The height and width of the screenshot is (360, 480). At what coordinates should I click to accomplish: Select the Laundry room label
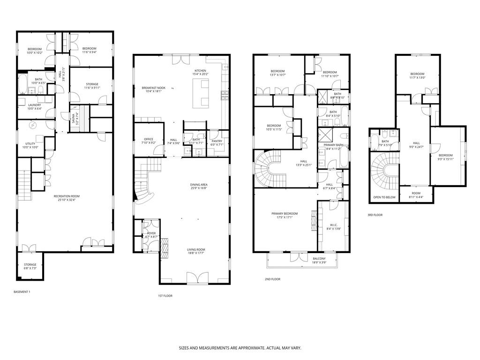coord(34,105)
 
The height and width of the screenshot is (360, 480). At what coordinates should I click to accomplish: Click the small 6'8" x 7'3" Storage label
coord(30,265)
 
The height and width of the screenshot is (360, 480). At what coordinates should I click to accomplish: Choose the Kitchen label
coord(200,71)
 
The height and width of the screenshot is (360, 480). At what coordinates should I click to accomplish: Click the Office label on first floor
coord(149,139)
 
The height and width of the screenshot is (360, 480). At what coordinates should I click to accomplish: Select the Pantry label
coord(217,141)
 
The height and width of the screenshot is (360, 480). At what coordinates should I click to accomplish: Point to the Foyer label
coord(151,233)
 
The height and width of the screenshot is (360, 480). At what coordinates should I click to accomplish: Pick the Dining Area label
coord(199,185)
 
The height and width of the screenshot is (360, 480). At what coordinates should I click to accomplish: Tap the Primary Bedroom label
coord(285,214)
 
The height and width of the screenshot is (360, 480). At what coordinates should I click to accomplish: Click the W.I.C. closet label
coord(333,225)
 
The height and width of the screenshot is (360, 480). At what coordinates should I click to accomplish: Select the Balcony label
coord(319,259)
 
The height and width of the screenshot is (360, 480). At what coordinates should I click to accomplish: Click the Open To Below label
coord(384,197)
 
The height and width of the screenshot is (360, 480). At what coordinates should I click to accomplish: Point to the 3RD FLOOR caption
coord(375,215)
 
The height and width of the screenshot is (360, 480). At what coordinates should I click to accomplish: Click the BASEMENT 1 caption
coord(22,292)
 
